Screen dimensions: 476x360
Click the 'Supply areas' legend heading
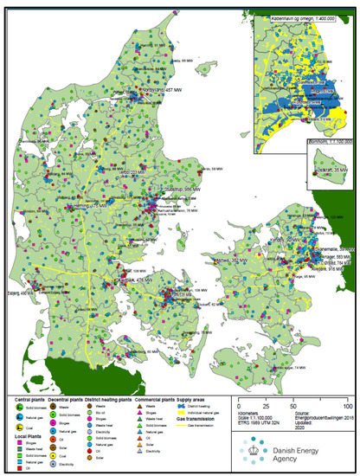tap(195, 397)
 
